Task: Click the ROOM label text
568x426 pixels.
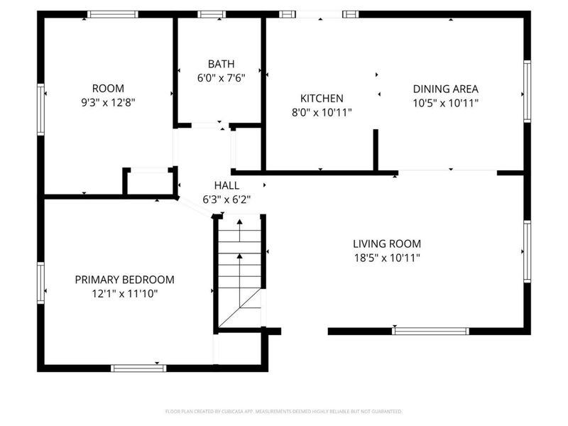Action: [109, 88]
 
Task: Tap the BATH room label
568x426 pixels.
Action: [221, 64]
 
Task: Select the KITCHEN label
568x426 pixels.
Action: [322, 99]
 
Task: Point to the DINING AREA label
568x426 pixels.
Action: [445, 89]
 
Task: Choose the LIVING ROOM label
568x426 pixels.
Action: [388, 244]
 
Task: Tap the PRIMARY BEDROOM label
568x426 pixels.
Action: [124, 280]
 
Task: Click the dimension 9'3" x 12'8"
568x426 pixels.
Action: [109, 102]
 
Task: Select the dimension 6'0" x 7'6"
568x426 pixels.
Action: [221, 78]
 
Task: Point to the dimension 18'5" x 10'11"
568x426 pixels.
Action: [388, 258]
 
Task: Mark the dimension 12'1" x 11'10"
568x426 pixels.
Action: [124, 293]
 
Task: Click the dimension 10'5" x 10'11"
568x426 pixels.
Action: [445, 103]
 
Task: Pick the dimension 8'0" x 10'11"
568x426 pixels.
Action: [322, 112]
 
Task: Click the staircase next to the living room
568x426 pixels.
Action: [239, 273]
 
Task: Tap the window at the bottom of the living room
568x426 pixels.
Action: [431, 331]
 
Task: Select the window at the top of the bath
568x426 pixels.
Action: [211, 14]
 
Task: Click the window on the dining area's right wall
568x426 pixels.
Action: [527, 89]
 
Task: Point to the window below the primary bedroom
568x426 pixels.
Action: [138, 368]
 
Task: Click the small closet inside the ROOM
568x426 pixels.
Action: [150, 182]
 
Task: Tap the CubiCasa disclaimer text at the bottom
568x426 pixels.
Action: [283, 411]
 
